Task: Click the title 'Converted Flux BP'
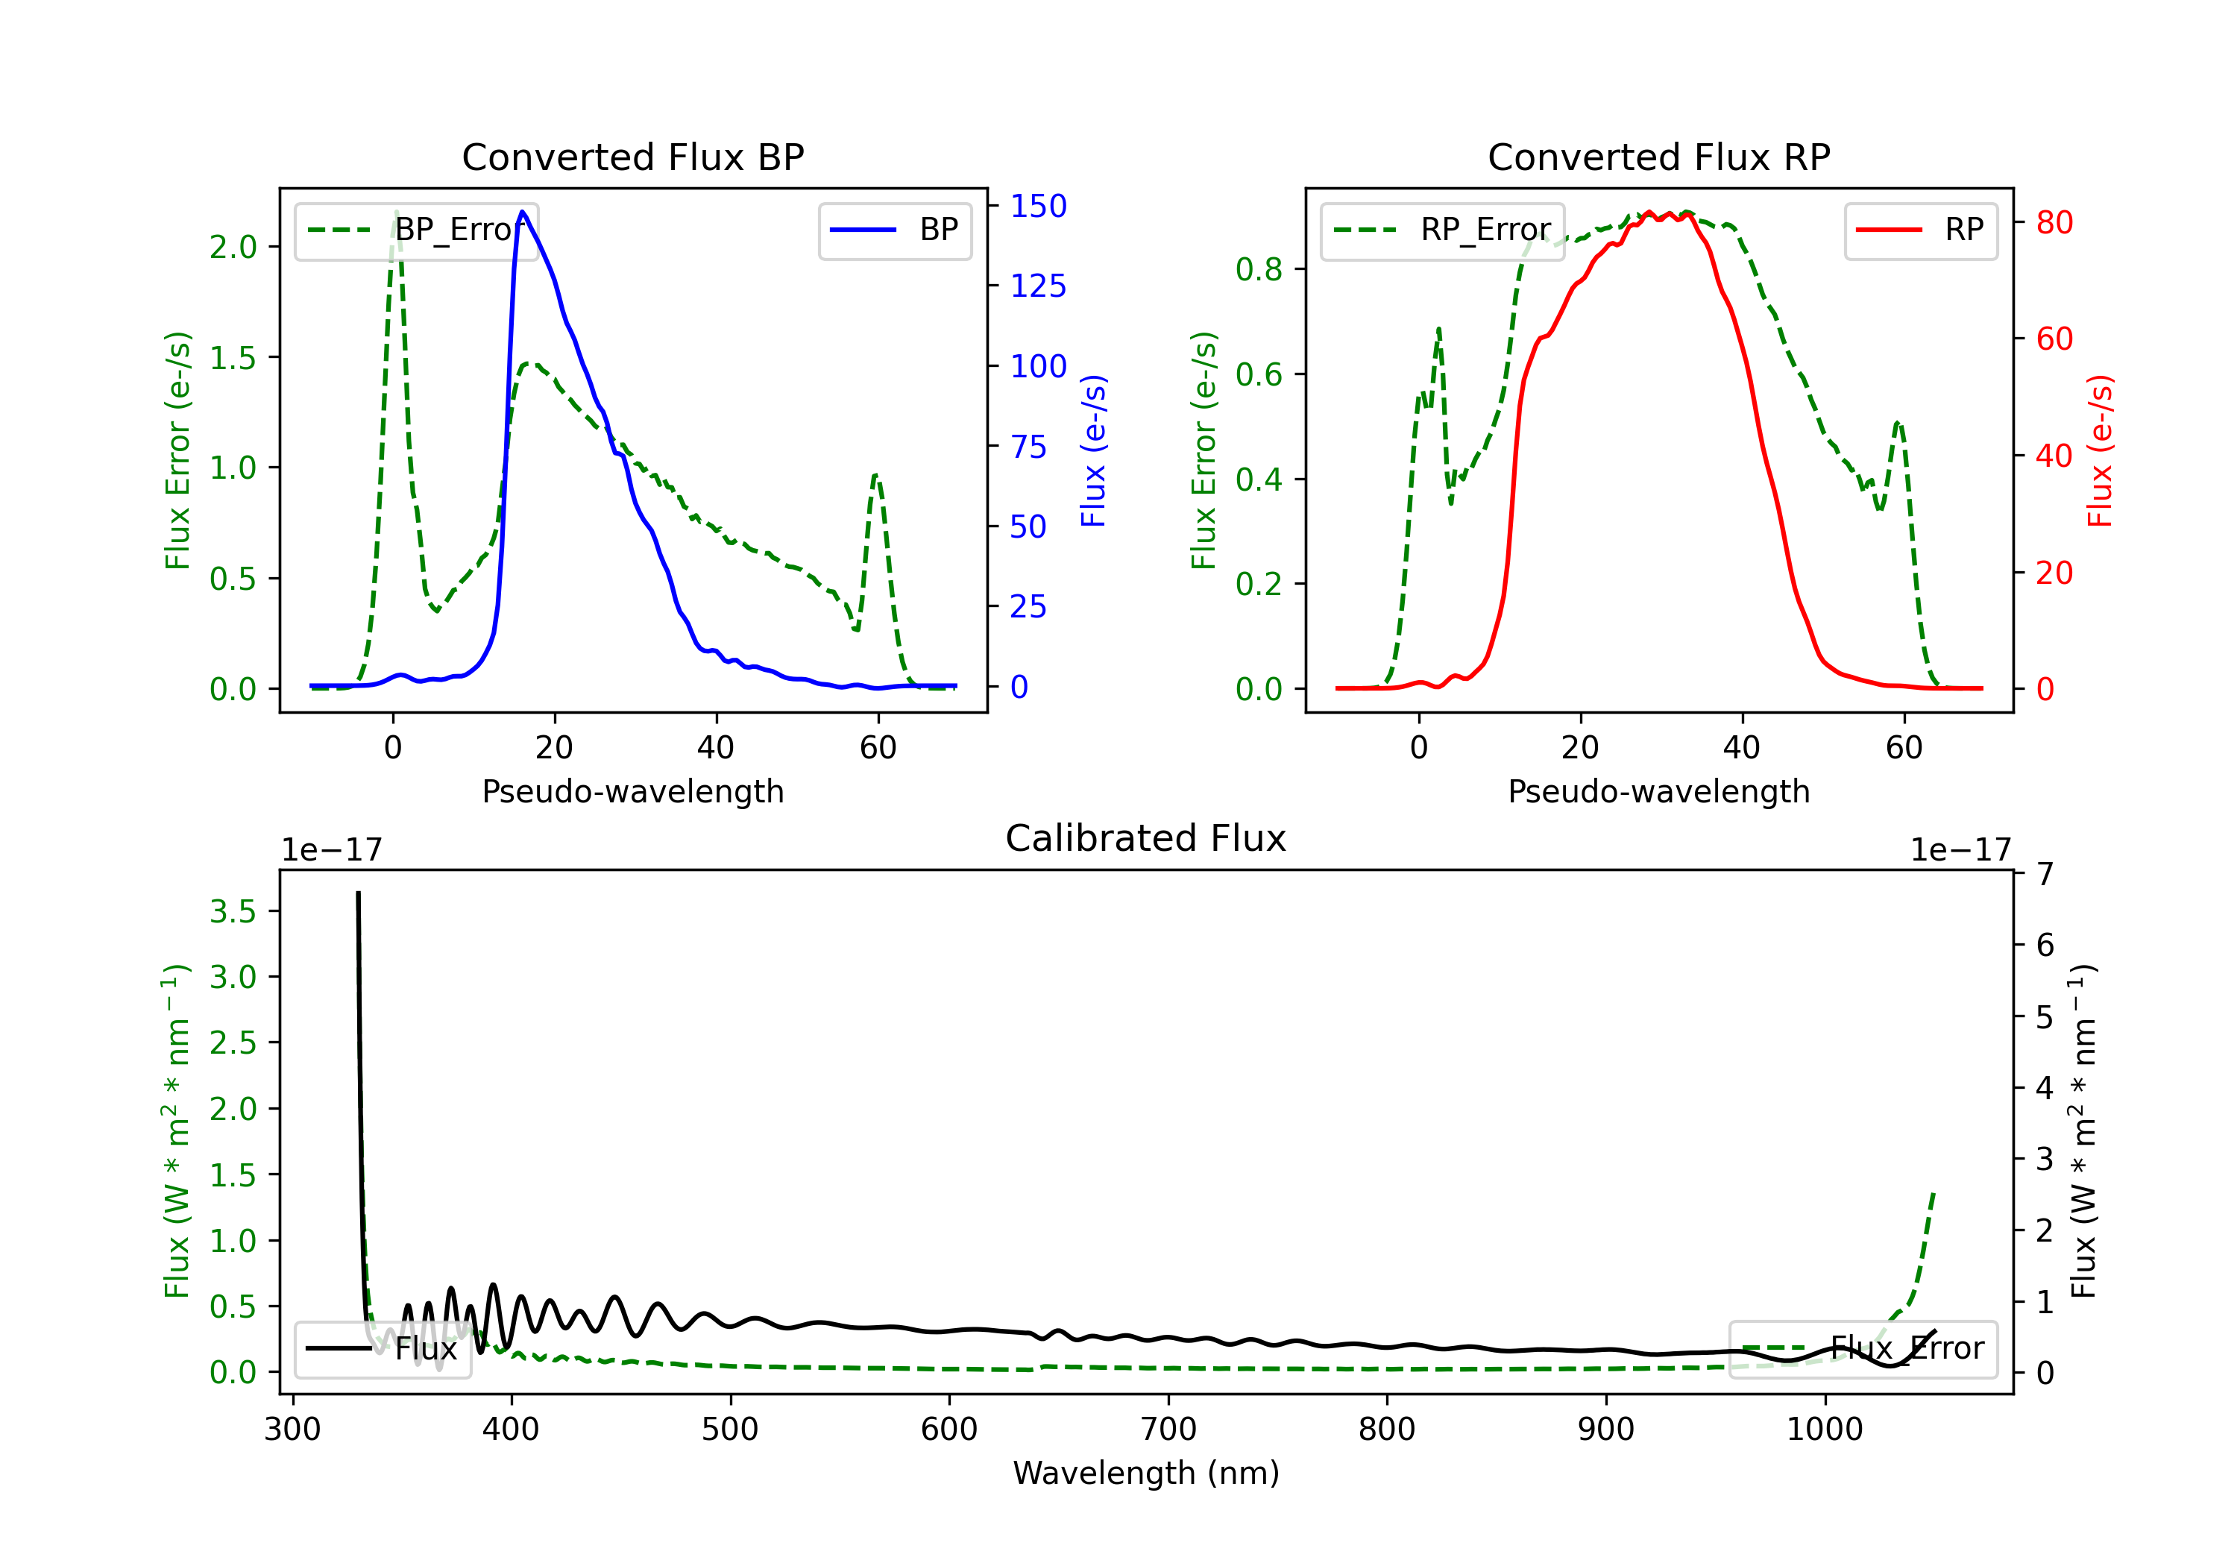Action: click(632, 157)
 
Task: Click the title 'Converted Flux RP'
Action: click(1658, 157)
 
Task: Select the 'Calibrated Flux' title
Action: click(1146, 838)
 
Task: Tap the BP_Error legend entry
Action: click(416, 230)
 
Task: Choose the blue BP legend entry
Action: click(894, 230)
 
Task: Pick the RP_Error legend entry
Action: click(1442, 230)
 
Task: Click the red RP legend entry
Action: click(1920, 230)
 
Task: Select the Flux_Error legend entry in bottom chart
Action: click(1863, 1349)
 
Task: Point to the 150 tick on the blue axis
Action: click(1039, 206)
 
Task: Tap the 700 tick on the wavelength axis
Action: click(1168, 1430)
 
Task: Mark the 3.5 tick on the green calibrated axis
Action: click(233, 911)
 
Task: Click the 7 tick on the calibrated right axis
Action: click(2045, 874)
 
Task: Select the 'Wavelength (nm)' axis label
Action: click(1146, 1474)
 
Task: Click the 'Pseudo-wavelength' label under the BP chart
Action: click(632, 791)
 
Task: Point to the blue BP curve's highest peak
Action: click(523, 212)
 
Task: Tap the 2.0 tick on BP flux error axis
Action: click(233, 247)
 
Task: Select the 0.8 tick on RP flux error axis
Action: click(1259, 269)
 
